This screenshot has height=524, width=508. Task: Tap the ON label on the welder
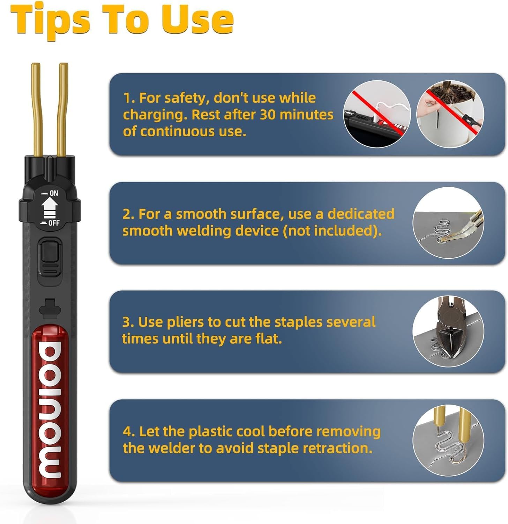pos(54,193)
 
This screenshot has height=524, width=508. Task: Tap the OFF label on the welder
pos(53,223)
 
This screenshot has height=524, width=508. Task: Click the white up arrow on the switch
pos(49,208)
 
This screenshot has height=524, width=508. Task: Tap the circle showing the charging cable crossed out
pos(377,114)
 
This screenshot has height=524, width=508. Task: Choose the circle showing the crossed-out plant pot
pos(450,114)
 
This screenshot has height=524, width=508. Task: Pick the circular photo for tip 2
pos(448,223)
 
